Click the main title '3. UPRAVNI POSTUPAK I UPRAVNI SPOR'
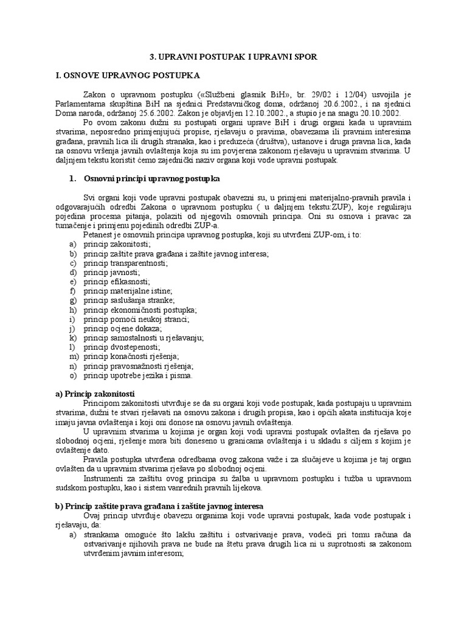(x=233, y=56)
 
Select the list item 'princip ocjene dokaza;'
(x=122, y=329)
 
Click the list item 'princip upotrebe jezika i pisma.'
(x=139, y=375)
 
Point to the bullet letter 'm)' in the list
(x=74, y=357)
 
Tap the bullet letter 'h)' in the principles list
(x=73, y=310)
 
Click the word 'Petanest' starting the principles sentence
(x=98, y=234)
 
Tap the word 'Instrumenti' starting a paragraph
(x=102, y=478)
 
